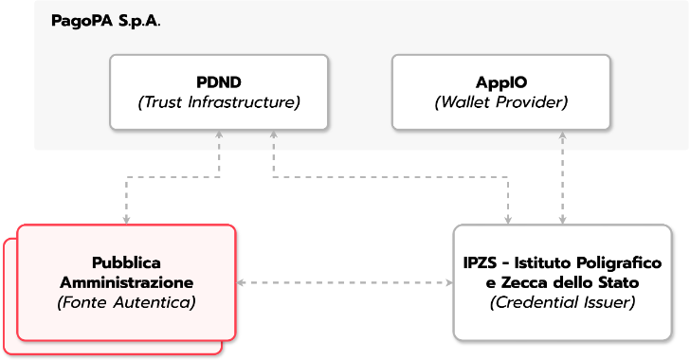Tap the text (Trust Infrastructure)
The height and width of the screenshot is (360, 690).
tap(219, 102)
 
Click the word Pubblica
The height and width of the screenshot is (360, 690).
tap(126, 262)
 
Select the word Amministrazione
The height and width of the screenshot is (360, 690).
tap(126, 282)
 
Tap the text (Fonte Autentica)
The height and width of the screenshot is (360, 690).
tap(126, 303)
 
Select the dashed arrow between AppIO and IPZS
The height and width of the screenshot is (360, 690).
tap(564, 180)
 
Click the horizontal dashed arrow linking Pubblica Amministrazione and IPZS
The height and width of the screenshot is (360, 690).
tap(343, 282)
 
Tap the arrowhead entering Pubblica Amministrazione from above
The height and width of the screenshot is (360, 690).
tap(126, 220)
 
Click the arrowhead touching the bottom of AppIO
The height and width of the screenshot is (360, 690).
tap(564, 135)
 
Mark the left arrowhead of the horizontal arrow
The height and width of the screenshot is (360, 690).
tap(241, 282)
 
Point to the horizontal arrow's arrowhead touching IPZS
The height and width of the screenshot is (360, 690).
tap(447, 282)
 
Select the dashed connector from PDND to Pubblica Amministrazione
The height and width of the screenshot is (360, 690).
tap(171, 176)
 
